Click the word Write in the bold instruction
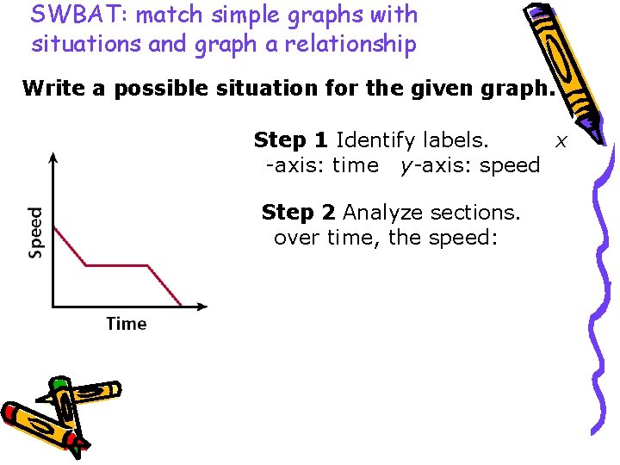pyautogui.click(x=51, y=88)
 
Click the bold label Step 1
pyautogui.click(x=291, y=139)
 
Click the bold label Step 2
pyautogui.click(x=299, y=212)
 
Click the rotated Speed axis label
pyautogui.click(x=35, y=232)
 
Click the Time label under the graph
pyautogui.click(x=127, y=324)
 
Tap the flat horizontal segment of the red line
pyautogui.click(x=118, y=266)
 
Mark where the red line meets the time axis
pyautogui.click(x=182, y=305)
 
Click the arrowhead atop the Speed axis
pyautogui.click(x=53, y=158)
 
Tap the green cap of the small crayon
pyautogui.click(x=59, y=383)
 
